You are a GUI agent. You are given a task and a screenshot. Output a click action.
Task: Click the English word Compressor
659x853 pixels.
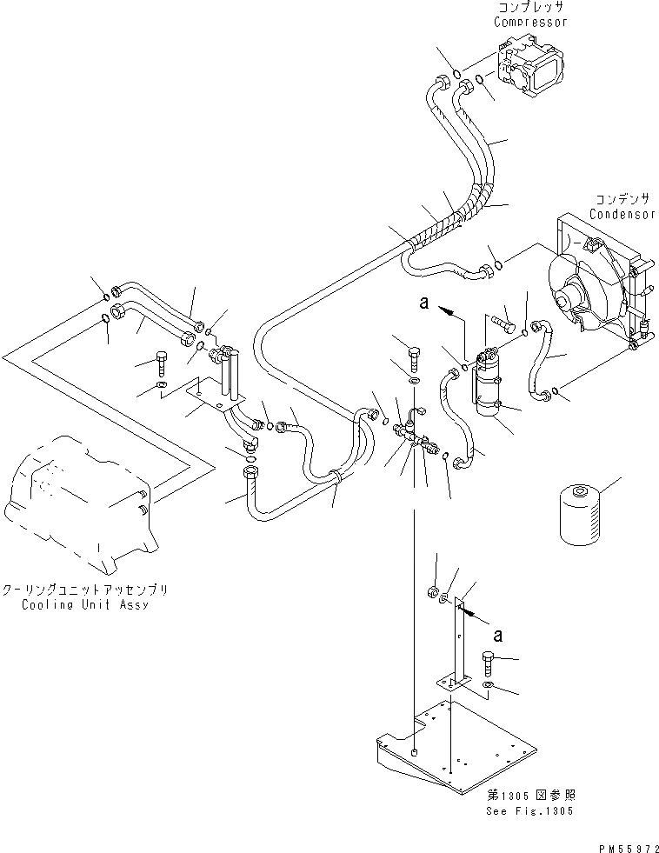click(530, 22)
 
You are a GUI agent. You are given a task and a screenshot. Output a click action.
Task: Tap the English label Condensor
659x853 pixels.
click(621, 214)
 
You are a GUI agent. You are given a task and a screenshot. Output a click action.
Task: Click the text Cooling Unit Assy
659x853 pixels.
click(85, 603)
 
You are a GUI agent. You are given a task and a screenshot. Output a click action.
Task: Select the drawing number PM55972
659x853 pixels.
click(622, 844)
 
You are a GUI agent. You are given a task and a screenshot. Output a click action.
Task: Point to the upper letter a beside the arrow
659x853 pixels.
click(424, 304)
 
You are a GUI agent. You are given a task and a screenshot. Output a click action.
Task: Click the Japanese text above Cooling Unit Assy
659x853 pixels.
click(85, 590)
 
